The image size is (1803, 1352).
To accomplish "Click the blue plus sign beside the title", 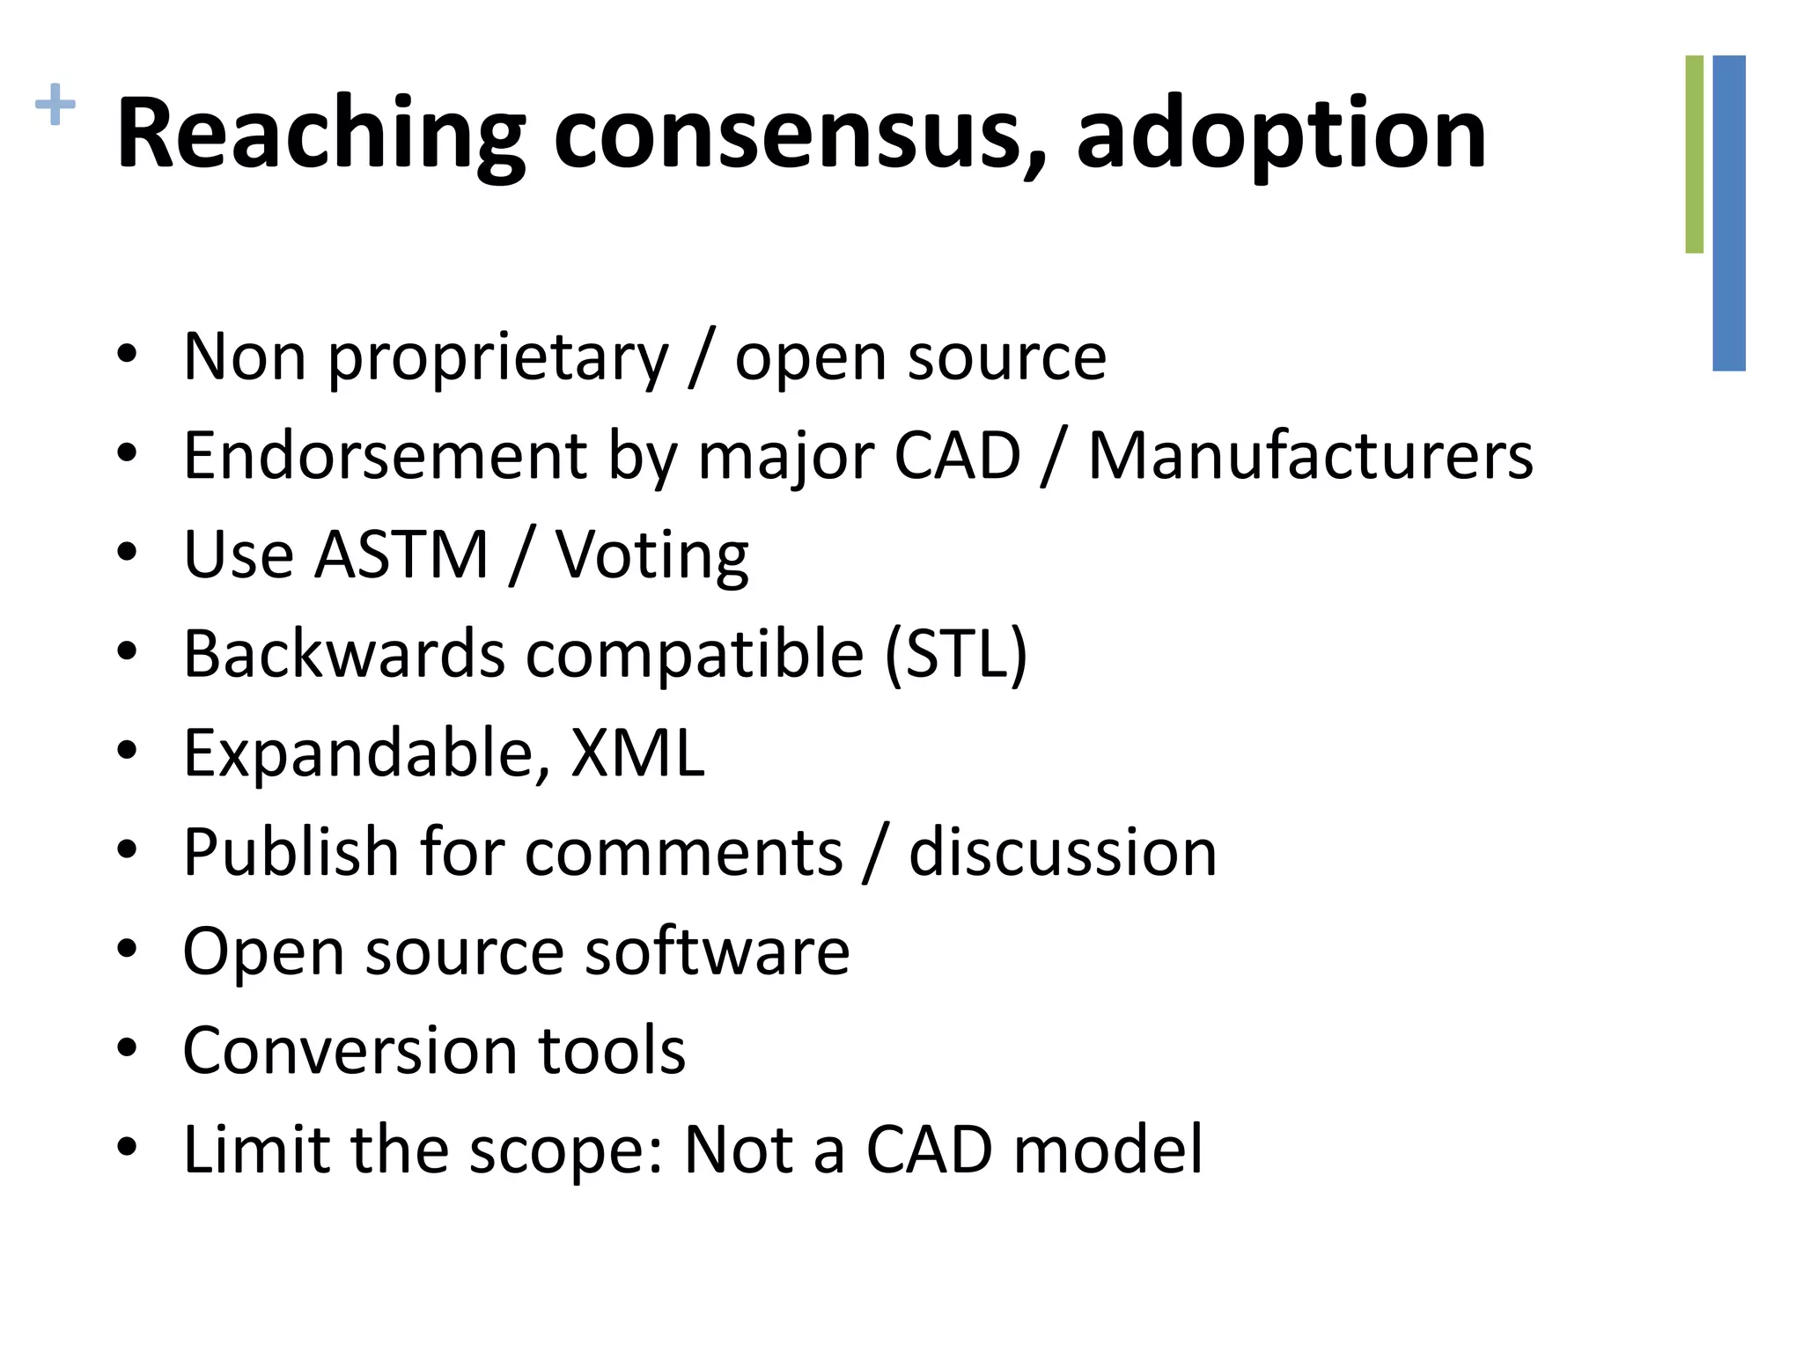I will click(x=55, y=105).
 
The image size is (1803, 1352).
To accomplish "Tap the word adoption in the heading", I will click(x=1281, y=134).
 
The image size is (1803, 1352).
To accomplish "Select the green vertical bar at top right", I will click(x=1694, y=154).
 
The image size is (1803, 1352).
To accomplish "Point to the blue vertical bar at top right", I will click(x=1729, y=213).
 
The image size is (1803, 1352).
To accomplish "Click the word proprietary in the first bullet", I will click(x=498, y=359).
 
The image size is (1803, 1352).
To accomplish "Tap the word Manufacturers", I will click(x=1311, y=456).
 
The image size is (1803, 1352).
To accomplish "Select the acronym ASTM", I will click(x=401, y=555).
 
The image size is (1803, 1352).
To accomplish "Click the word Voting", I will click(x=652, y=556).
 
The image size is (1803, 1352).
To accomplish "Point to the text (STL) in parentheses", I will click(x=956, y=655).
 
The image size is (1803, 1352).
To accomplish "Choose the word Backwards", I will click(x=344, y=654).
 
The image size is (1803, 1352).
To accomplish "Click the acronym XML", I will click(x=637, y=753).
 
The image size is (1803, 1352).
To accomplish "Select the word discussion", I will click(x=1063, y=852).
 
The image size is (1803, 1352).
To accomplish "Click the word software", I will click(x=718, y=952).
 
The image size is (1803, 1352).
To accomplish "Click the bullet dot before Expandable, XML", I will click(x=128, y=751).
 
